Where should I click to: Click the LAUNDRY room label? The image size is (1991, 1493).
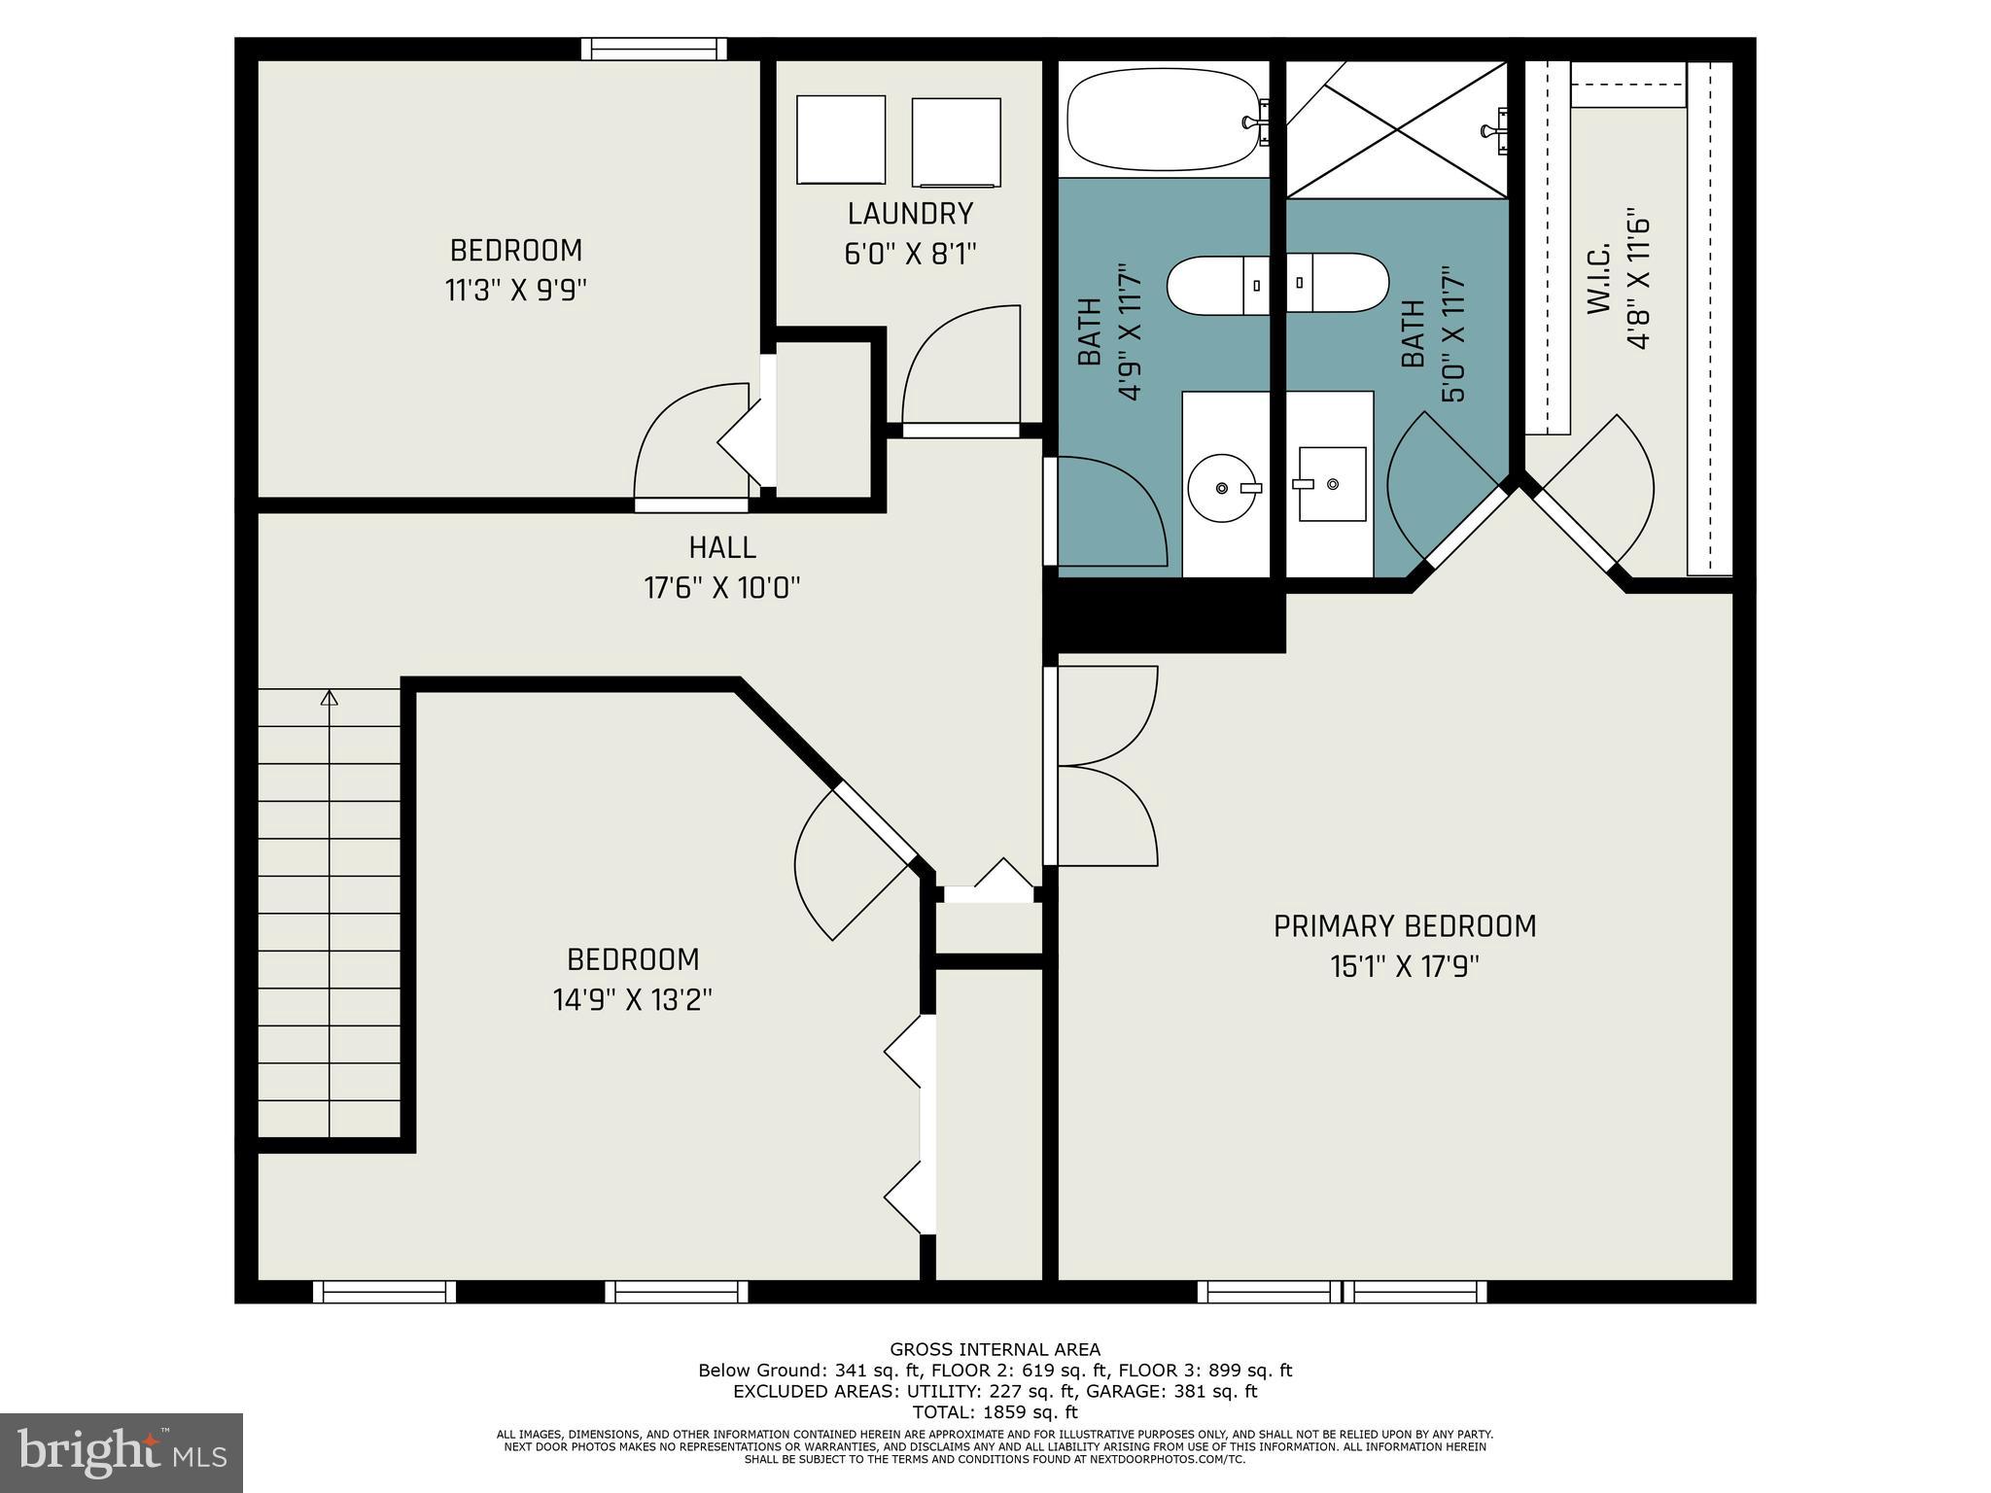910,214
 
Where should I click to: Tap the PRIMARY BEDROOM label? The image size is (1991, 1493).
1405,926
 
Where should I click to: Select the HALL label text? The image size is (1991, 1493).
722,548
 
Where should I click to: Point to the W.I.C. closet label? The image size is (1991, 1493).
1599,278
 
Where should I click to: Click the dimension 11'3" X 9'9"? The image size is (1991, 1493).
516,291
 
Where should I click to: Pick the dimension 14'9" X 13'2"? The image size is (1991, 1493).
633,1000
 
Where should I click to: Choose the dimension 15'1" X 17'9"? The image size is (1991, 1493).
1405,967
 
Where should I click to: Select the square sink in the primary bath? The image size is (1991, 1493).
1331,484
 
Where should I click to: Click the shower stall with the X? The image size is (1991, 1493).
1397,130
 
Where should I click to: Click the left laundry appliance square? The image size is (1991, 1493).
841,140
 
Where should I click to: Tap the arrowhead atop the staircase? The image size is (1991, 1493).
330,697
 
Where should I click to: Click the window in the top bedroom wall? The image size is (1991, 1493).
654,49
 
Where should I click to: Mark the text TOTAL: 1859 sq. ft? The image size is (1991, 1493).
995,1412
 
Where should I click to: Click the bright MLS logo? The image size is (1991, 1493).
122,1452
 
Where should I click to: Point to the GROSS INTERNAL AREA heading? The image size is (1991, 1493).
995,1349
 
